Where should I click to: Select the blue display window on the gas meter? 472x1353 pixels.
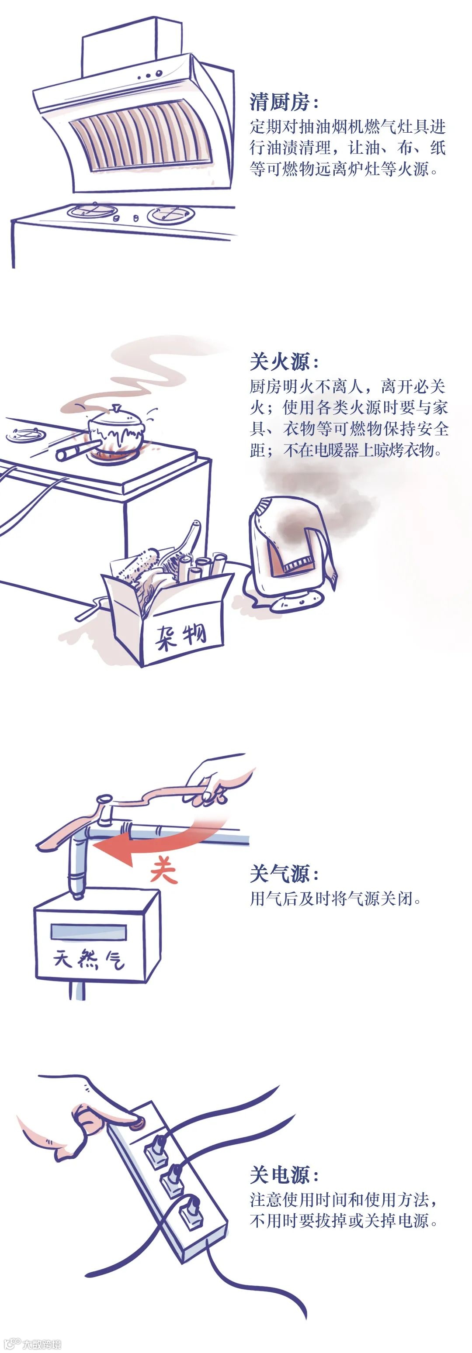pyautogui.click(x=88, y=932)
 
